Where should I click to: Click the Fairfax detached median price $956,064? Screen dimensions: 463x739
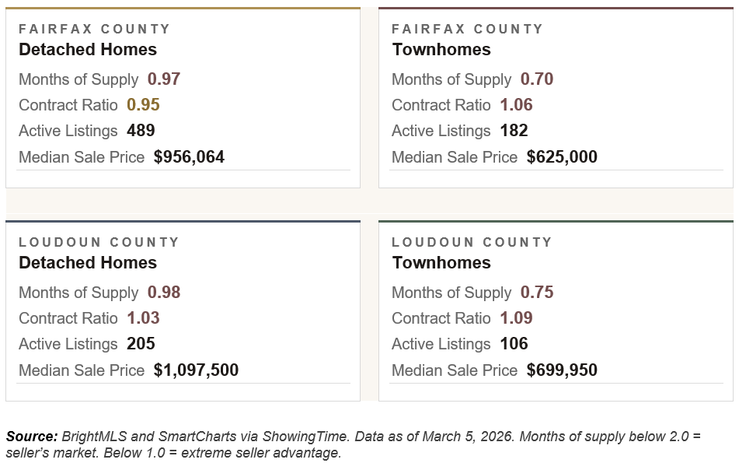click(x=189, y=157)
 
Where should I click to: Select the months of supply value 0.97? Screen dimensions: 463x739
click(x=164, y=79)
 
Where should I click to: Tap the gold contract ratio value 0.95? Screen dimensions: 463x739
click(x=144, y=105)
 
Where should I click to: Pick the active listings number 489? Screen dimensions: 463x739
click(x=141, y=131)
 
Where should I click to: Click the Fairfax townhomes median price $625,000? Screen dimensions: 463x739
click(x=562, y=157)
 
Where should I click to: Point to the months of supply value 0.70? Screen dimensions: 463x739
click(x=537, y=79)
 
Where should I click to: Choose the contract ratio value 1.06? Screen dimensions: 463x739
click(x=517, y=105)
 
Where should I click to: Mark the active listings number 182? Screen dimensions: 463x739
click(x=514, y=131)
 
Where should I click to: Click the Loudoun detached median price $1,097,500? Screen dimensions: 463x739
click(x=196, y=370)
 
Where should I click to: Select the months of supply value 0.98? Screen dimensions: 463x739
click(x=164, y=293)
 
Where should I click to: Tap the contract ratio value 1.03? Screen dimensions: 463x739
click(x=144, y=318)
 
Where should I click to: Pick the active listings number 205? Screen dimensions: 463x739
click(x=141, y=344)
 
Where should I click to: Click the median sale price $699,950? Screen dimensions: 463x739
click(x=562, y=370)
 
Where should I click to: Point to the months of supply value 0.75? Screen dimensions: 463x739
click(x=537, y=293)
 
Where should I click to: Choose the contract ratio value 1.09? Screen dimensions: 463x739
click(x=517, y=318)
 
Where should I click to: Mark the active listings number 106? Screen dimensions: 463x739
click(x=514, y=344)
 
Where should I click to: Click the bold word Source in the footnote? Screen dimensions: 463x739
click(x=31, y=437)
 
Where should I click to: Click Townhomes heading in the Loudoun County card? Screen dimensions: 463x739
click(x=441, y=263)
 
